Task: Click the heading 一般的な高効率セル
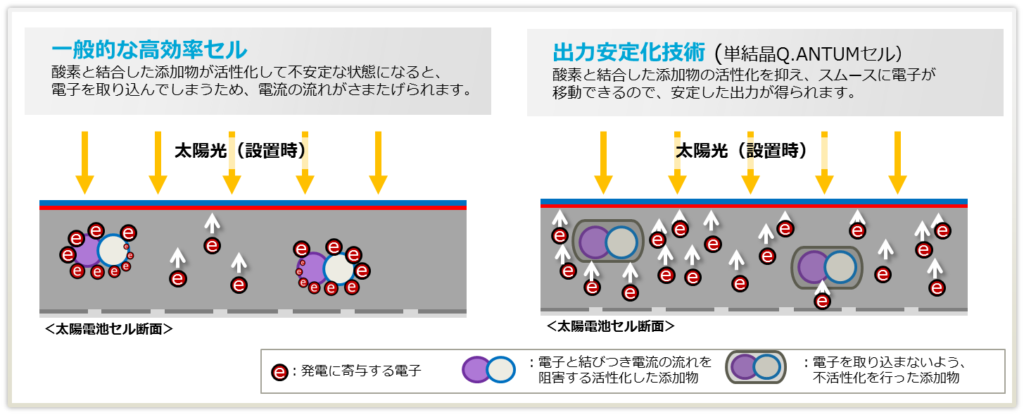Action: [x=148, y=50]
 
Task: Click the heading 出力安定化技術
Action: [x=629, y=52]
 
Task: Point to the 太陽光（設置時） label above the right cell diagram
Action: [x=741, y=151]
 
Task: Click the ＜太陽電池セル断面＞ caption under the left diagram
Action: [x=108, y=328]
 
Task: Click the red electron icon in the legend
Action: [x=280, y=371]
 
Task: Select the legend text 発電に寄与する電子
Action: [x=361, y=371]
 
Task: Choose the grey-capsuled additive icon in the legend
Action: [x=756, y=367]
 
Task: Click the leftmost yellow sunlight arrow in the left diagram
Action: [x=84, y=162]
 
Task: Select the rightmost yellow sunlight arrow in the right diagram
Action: [x=897, y=162]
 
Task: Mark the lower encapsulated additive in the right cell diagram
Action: [x=826, y=268]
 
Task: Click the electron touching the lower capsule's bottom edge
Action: [x=821, y=301]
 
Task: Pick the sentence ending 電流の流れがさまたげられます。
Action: [x=260, y=90]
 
